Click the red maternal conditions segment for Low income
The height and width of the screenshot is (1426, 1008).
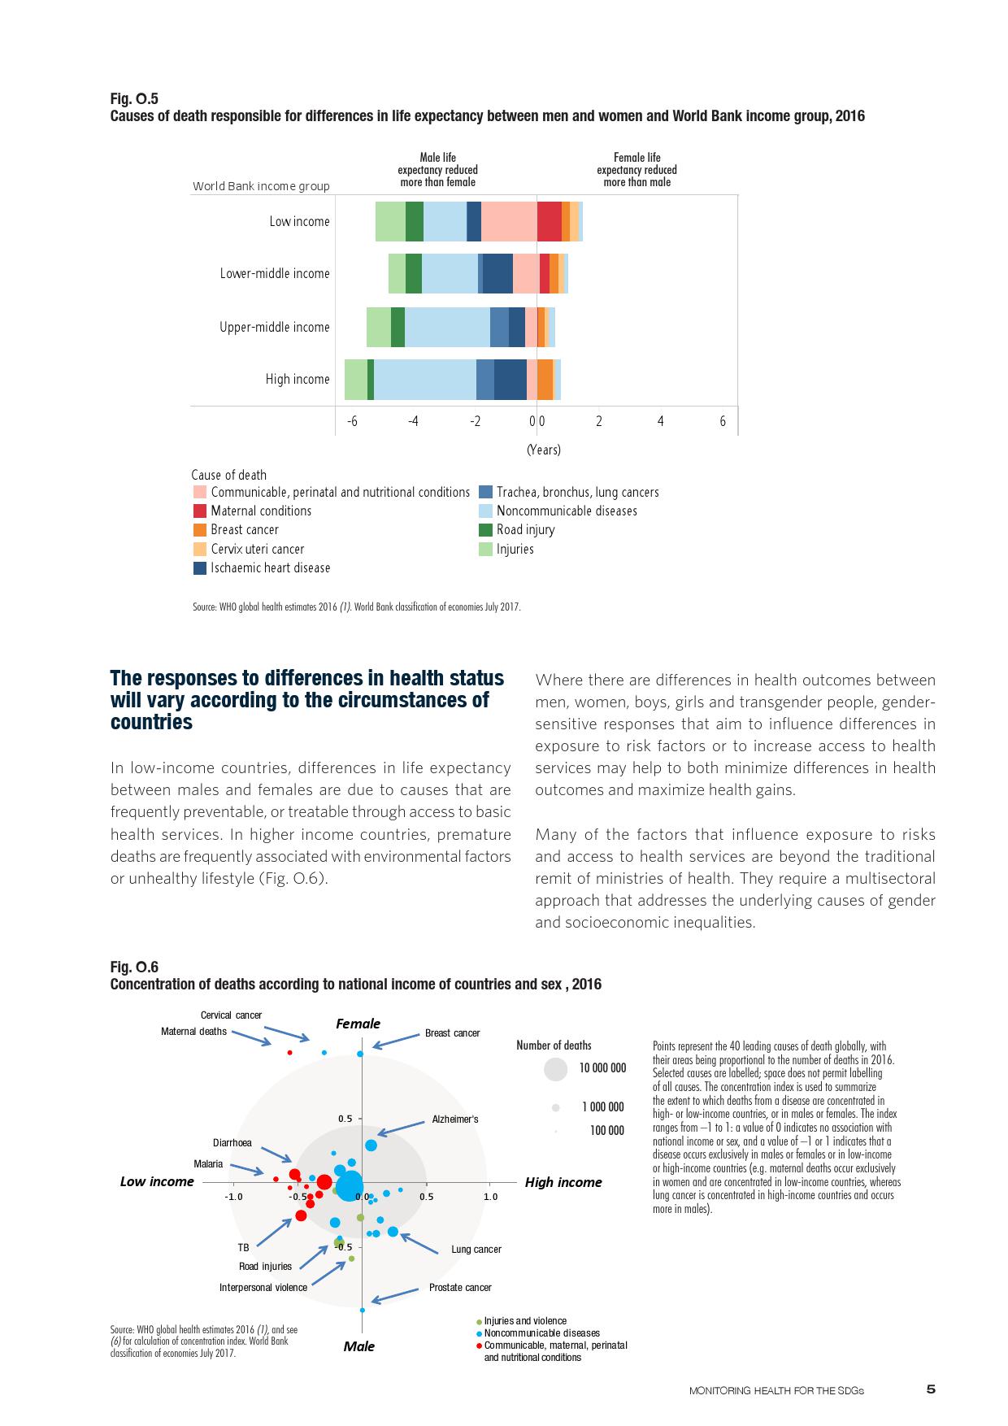[550, 221]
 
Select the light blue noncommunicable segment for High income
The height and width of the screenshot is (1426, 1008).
[424, 380]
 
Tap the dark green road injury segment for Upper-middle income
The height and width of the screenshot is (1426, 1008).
[398, 327]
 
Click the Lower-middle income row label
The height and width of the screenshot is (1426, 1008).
[275, 274]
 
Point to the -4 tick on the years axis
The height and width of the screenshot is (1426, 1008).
[414, 421]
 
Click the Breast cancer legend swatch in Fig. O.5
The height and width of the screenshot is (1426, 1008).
[200, 530]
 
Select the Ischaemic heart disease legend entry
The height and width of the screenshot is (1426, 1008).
[270, 568]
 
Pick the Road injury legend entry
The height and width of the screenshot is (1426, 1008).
[525, 530]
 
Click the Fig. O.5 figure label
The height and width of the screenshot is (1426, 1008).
[134, 99]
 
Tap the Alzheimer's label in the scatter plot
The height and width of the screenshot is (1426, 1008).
[454, 1119]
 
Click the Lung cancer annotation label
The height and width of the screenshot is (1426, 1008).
[476, 1250]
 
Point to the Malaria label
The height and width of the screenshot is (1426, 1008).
[208, 1164]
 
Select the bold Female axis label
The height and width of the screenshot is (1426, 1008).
[358, 1024]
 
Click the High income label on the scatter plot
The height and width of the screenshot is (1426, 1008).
[563, 1182]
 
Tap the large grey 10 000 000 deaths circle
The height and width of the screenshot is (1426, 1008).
[555, 1069]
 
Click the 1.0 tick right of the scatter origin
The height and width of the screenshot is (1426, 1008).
[490, 1197]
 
